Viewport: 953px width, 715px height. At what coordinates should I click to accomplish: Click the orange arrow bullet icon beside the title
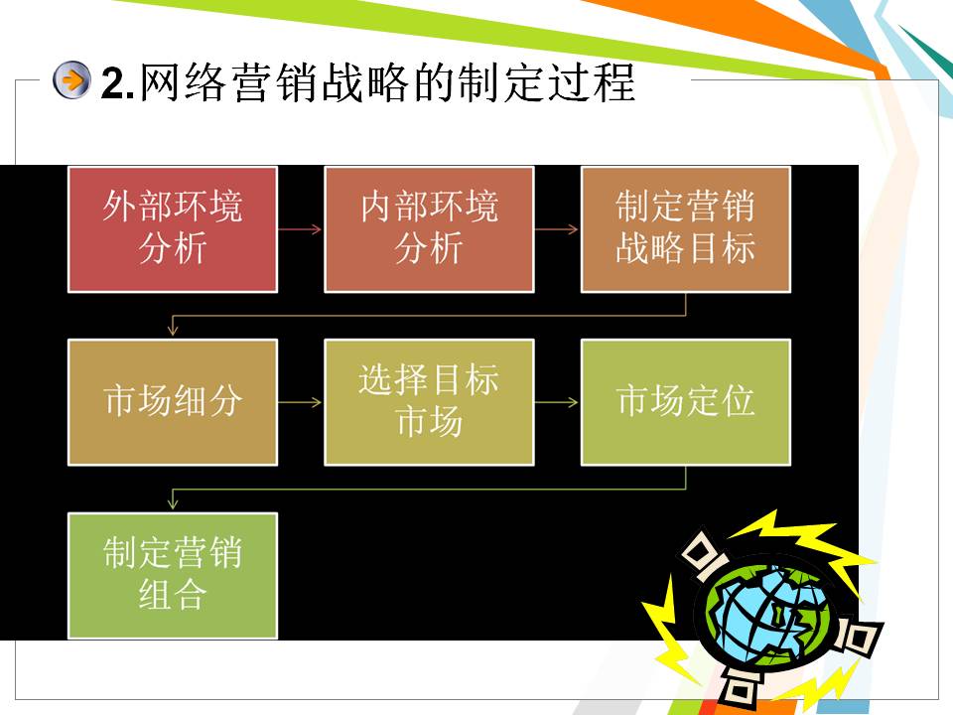[71, 80]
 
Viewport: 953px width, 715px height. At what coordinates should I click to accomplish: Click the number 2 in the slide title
[112, 82]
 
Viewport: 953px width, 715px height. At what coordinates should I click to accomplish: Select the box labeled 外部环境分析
[173, 229]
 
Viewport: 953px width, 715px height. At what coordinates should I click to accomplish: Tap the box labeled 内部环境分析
[429, 229]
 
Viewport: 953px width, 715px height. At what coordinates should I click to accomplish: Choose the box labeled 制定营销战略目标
[686, 229]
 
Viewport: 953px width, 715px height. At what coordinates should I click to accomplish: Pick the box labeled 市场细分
[173, 402]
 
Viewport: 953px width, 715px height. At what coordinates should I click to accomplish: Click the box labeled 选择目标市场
[429, 402]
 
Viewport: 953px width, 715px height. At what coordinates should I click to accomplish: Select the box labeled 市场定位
[686, 402]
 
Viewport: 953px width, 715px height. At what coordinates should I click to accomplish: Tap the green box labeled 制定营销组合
[173, 575]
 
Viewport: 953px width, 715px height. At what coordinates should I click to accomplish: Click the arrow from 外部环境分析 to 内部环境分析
[300, 229]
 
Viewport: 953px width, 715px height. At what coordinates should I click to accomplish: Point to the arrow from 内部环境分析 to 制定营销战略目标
[557, 229]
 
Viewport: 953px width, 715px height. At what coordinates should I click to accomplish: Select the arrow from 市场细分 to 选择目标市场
[300, 402]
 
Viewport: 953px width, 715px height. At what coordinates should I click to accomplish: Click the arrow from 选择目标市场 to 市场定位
[557, 402]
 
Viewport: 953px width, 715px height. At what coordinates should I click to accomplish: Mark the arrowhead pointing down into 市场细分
[173, 330]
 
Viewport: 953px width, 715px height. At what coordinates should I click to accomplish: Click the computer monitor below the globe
[739, 684]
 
